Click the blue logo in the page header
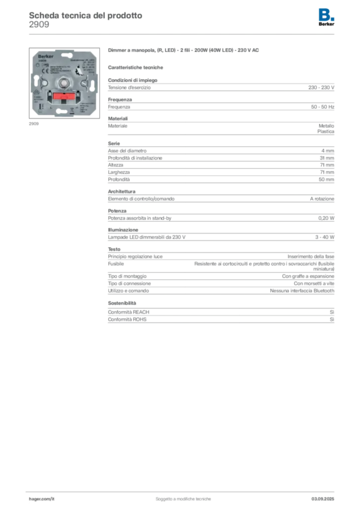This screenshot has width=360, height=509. tap(327, 14)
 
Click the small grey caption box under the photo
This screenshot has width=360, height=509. tap(33, 124)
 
